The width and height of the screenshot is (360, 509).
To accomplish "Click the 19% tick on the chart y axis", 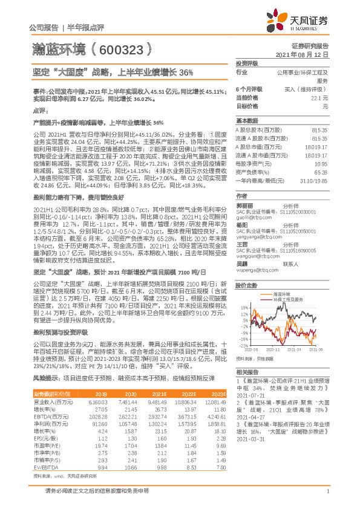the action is click(x=243, y=306).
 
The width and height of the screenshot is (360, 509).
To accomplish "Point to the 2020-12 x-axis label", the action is click(x=273, y=349).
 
